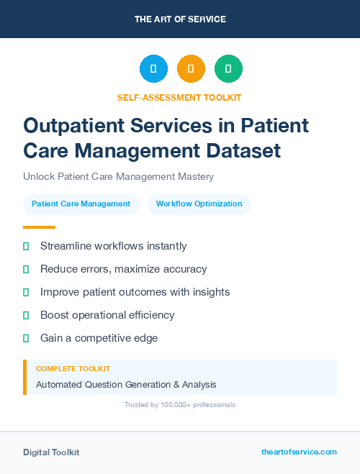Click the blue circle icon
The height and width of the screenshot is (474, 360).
coord(153,68)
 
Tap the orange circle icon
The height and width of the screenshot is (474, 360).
coord(191,68)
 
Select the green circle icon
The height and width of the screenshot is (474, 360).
coord(228,68)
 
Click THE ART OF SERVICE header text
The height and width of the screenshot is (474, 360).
coord(180,19)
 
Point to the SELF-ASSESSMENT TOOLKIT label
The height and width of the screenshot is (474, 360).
coord(179,97)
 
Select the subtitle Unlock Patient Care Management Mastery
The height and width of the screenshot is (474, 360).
coord(118,176)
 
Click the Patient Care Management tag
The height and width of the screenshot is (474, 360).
coord(81,204)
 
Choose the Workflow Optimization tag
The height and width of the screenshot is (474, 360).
coord(199,204)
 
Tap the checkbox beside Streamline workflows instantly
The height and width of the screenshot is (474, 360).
coord(26,246)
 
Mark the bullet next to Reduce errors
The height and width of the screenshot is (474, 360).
coord(26,269)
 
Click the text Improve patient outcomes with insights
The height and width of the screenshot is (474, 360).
coord(135,292)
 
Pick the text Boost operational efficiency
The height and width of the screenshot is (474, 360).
coord(107,315)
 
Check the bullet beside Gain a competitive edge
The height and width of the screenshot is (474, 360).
coord(26,338)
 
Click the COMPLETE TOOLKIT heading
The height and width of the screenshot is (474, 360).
coord(73,368)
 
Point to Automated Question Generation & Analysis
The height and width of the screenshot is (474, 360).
coord(126,384)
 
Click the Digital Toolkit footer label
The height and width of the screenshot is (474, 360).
coord(51,452)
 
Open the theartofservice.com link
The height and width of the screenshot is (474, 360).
coord(299,452)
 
